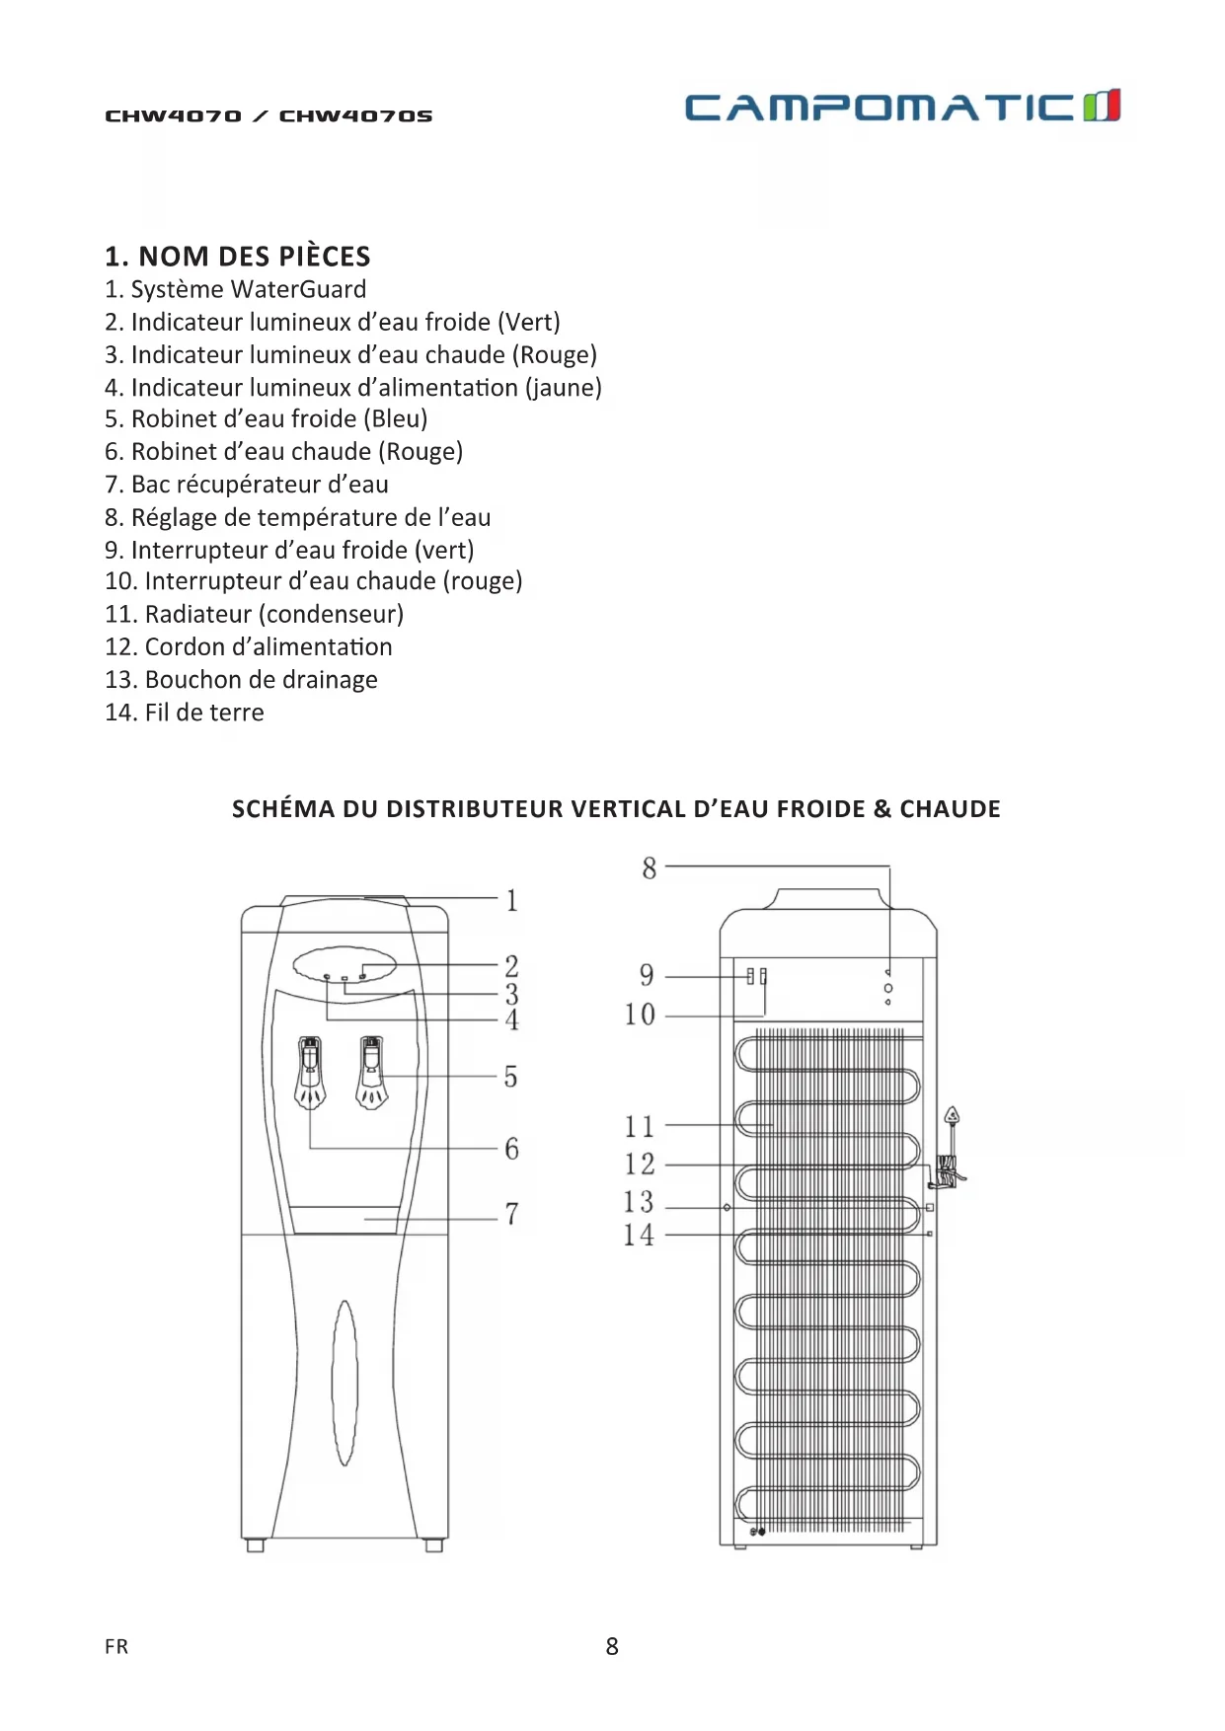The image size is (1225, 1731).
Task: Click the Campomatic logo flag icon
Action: pyautogui.click(x=1102, y=106)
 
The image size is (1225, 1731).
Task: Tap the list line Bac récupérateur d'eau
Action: pyautogui.click(x=247, y=485)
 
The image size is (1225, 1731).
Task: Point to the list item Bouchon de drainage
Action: pyautogui.click(x=241, y=680)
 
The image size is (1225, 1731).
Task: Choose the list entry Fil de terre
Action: pyautogui.click(x=185, y=713)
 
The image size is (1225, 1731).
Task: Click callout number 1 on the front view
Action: pyautogui.click(x=511, y=900)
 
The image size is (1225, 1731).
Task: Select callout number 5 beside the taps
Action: pyautogui.click(x=510, y=1077)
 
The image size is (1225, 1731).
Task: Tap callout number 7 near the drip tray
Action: pyautogui.click(x=511, y=1214)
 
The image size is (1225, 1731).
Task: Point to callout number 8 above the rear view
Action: pyautogui.click(x=649, y=868)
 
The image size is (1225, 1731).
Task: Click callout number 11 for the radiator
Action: pyautogui.click(x=639, y=1126)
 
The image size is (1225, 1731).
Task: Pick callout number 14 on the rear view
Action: pyautogui.click(x=639, y=1235)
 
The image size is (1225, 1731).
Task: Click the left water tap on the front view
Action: pyautogui.click(x=310, y=1073)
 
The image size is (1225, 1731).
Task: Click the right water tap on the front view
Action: pyautogui.click(x=372, y=1073)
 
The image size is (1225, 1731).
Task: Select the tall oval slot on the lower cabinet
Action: pyautogui.click(x=345, y=1383)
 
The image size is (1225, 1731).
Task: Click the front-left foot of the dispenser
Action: pyautogui.click(x=255, y=1545)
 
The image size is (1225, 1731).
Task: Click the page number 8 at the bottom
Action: pyautogui.click(x=612, y=1646)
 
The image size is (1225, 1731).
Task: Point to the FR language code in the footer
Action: pyautogui.click(x=116, y=1646)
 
